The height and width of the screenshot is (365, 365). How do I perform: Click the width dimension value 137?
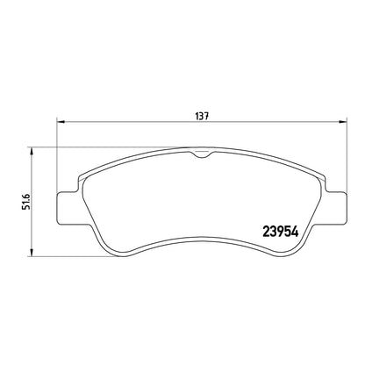point(202,116)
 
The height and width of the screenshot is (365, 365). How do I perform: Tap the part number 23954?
point(281,232)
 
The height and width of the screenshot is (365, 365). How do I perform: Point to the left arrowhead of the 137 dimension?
point(61,121)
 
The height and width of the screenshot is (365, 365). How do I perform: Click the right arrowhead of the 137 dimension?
point(342,121)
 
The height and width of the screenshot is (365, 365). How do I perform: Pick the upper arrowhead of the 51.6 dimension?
point(32,151)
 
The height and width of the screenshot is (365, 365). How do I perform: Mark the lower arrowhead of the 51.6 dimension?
point(32,253)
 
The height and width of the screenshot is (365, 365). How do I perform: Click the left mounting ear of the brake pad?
point(68,208)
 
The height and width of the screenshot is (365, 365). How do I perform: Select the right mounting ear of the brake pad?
point(335,208)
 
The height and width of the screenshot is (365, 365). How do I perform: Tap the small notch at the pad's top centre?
point(201,154)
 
